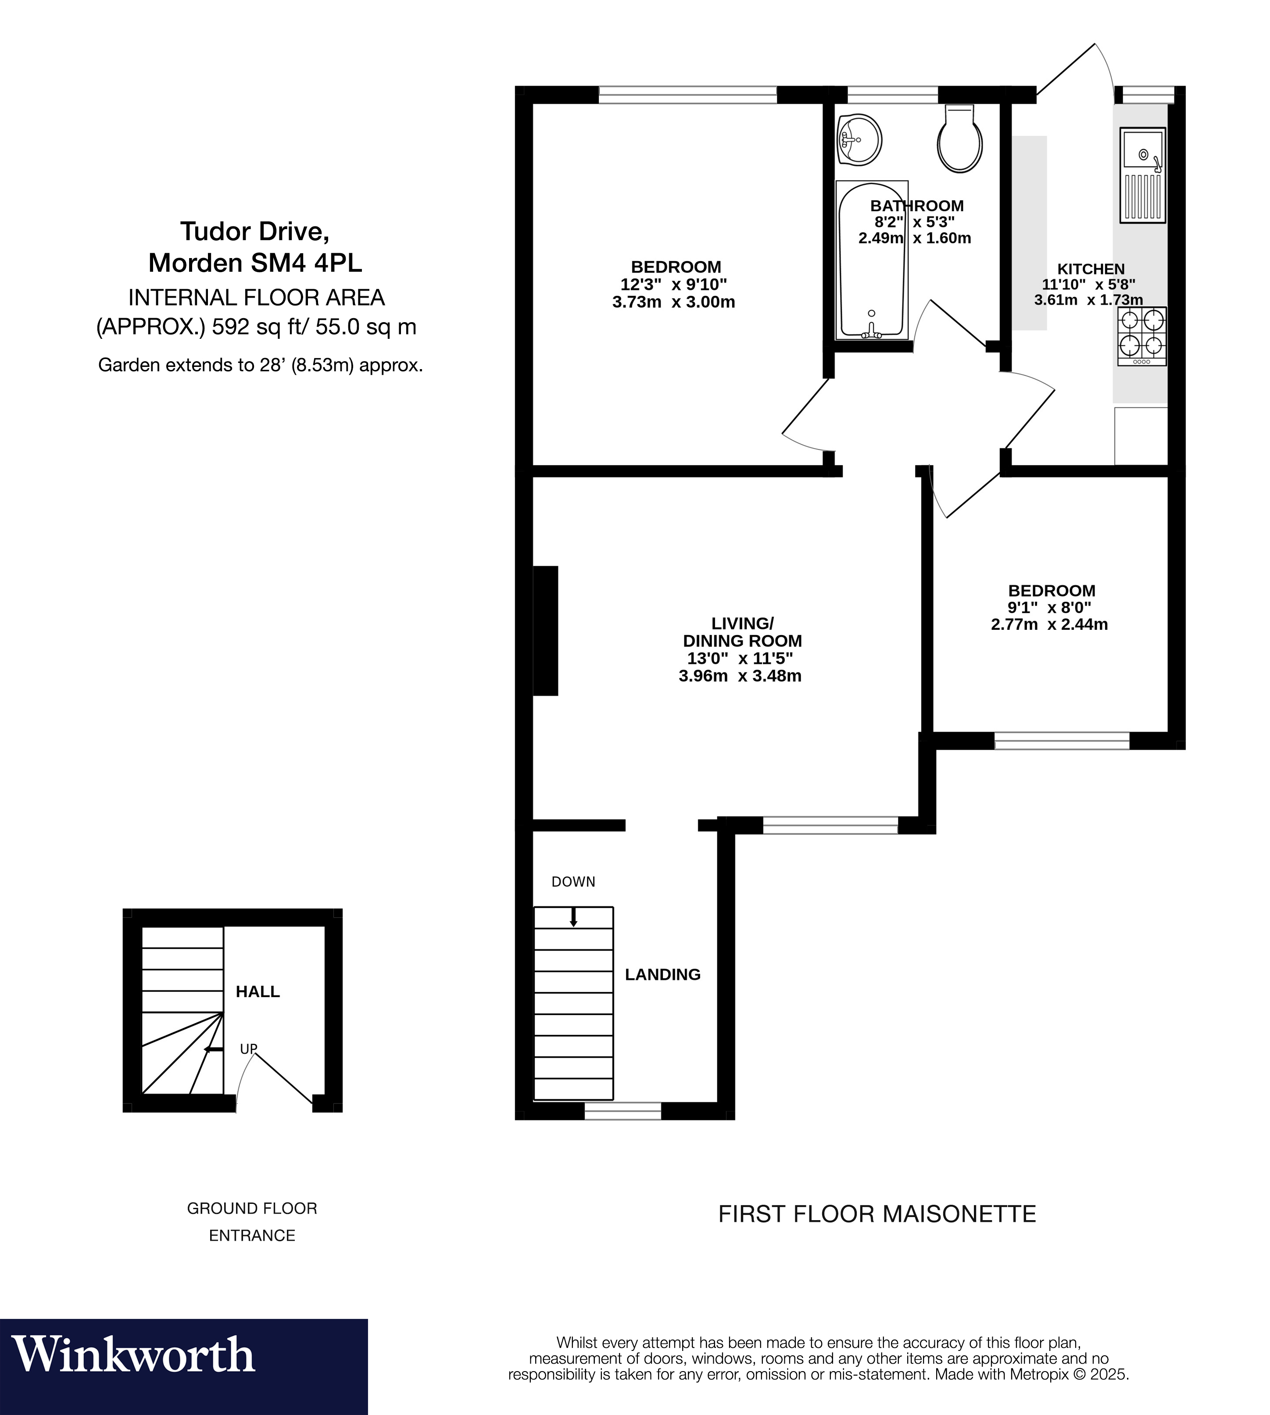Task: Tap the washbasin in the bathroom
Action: pyautogui.click(x=859, y=140)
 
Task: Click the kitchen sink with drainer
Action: pyautogui.click(x=1142, y=175)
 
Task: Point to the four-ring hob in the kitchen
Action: pyautogui.click(x=1141, y=336)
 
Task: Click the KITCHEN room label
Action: pyautogui.click(x=1091, y=269)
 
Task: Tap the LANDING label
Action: pyautogui.click(x=662, y=974)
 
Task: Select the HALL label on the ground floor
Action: pyautogui.click(x=258, y=991)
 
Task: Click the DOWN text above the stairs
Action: pyautogui.click(x=573, y=882)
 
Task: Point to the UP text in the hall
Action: pyautogui.click(x=248, y=1049)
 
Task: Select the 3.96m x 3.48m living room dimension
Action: pyautogui.click(x=740, y=676)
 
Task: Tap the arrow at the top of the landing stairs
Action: pyautogui.click(x=574, y=916)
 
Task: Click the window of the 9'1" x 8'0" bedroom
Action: pyautogui.click(x=1061, y=741)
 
